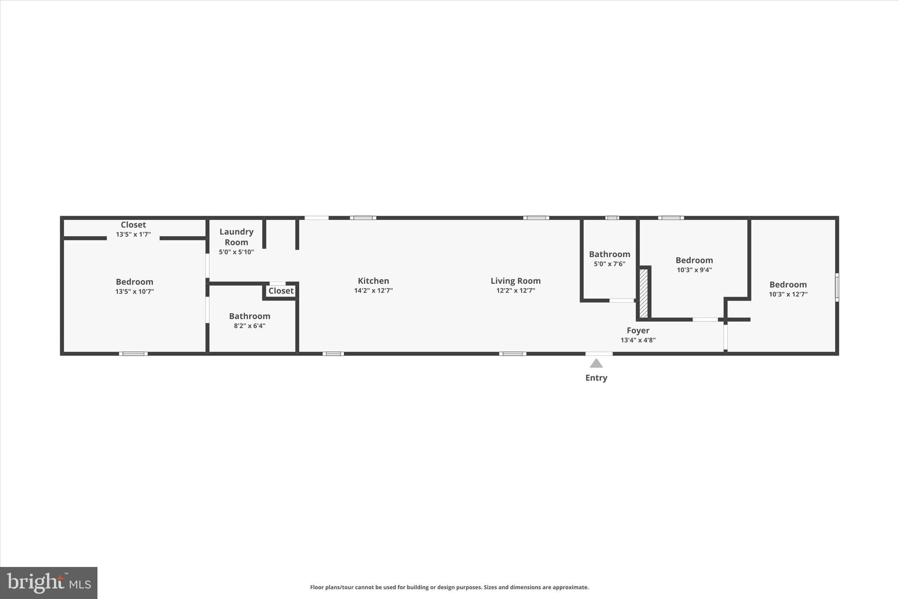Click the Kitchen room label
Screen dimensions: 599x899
coord(373,281)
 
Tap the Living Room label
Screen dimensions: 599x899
coord(515,281)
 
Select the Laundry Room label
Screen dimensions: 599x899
coord(236,237)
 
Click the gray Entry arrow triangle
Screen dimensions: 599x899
coord(596,363)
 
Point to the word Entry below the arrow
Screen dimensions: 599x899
coord(596,378)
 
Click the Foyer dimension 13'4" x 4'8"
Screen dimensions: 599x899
coord(638,340)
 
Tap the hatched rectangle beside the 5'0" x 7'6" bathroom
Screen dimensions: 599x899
coord(644,293)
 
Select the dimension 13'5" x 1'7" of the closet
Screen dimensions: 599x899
coord(133,234)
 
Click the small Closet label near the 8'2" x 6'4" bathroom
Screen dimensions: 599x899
coord(281,291)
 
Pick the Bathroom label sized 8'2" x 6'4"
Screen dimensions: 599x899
coord(249,316)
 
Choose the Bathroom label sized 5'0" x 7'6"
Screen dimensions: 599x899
coord(609,254)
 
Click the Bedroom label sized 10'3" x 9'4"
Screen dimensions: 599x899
coord(694,260)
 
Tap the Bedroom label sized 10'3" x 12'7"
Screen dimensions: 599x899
coord(788,284)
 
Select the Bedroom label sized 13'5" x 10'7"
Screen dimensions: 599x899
coord(134,282)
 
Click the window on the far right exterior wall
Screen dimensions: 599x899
coord(837,287)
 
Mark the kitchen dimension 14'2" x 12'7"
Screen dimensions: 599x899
coord(373,291)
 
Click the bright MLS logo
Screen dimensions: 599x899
coord(49,583)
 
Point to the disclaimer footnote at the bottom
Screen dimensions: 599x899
coord(449,587)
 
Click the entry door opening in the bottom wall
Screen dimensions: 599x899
coord(599,354)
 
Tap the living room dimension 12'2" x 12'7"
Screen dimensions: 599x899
coord(515,291)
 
